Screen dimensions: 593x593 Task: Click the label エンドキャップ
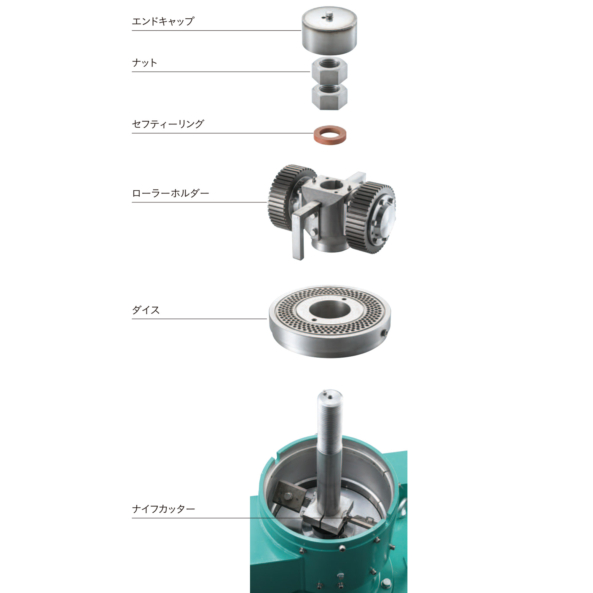(x=163, y=21)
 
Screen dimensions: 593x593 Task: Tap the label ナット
(x=145, y=63)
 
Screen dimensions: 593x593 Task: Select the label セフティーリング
(x=168, y=124)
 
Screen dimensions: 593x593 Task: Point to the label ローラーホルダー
(x=171, y=193)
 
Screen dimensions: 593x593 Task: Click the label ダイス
(x=146, y=310)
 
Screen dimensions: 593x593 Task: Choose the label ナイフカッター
(x=164, y=509)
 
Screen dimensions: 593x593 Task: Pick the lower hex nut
(x=329, y=97)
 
